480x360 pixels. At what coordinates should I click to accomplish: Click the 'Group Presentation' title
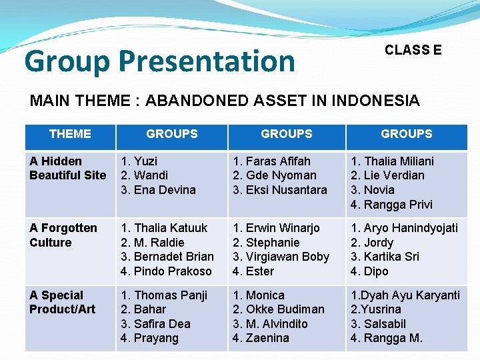pyautogui.click(x=159, y=61)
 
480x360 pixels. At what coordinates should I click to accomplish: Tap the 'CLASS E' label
pyautogui.click(x=413, y=50)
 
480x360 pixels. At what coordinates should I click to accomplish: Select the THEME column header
pyautogui.click(x=70, y=134)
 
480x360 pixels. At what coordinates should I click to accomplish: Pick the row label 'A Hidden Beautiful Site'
pyautogui.click(x=67, y=168)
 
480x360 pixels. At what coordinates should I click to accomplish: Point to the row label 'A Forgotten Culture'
pyautogui.click(x=63, y=235)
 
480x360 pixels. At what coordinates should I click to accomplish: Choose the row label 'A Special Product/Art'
pyautogui.click(x=63, y=302)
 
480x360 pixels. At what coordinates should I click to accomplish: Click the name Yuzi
pyautogui.click(x=144, y=161)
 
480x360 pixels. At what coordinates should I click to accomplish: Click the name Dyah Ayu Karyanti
pyautogui.click(x=409, y=295)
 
